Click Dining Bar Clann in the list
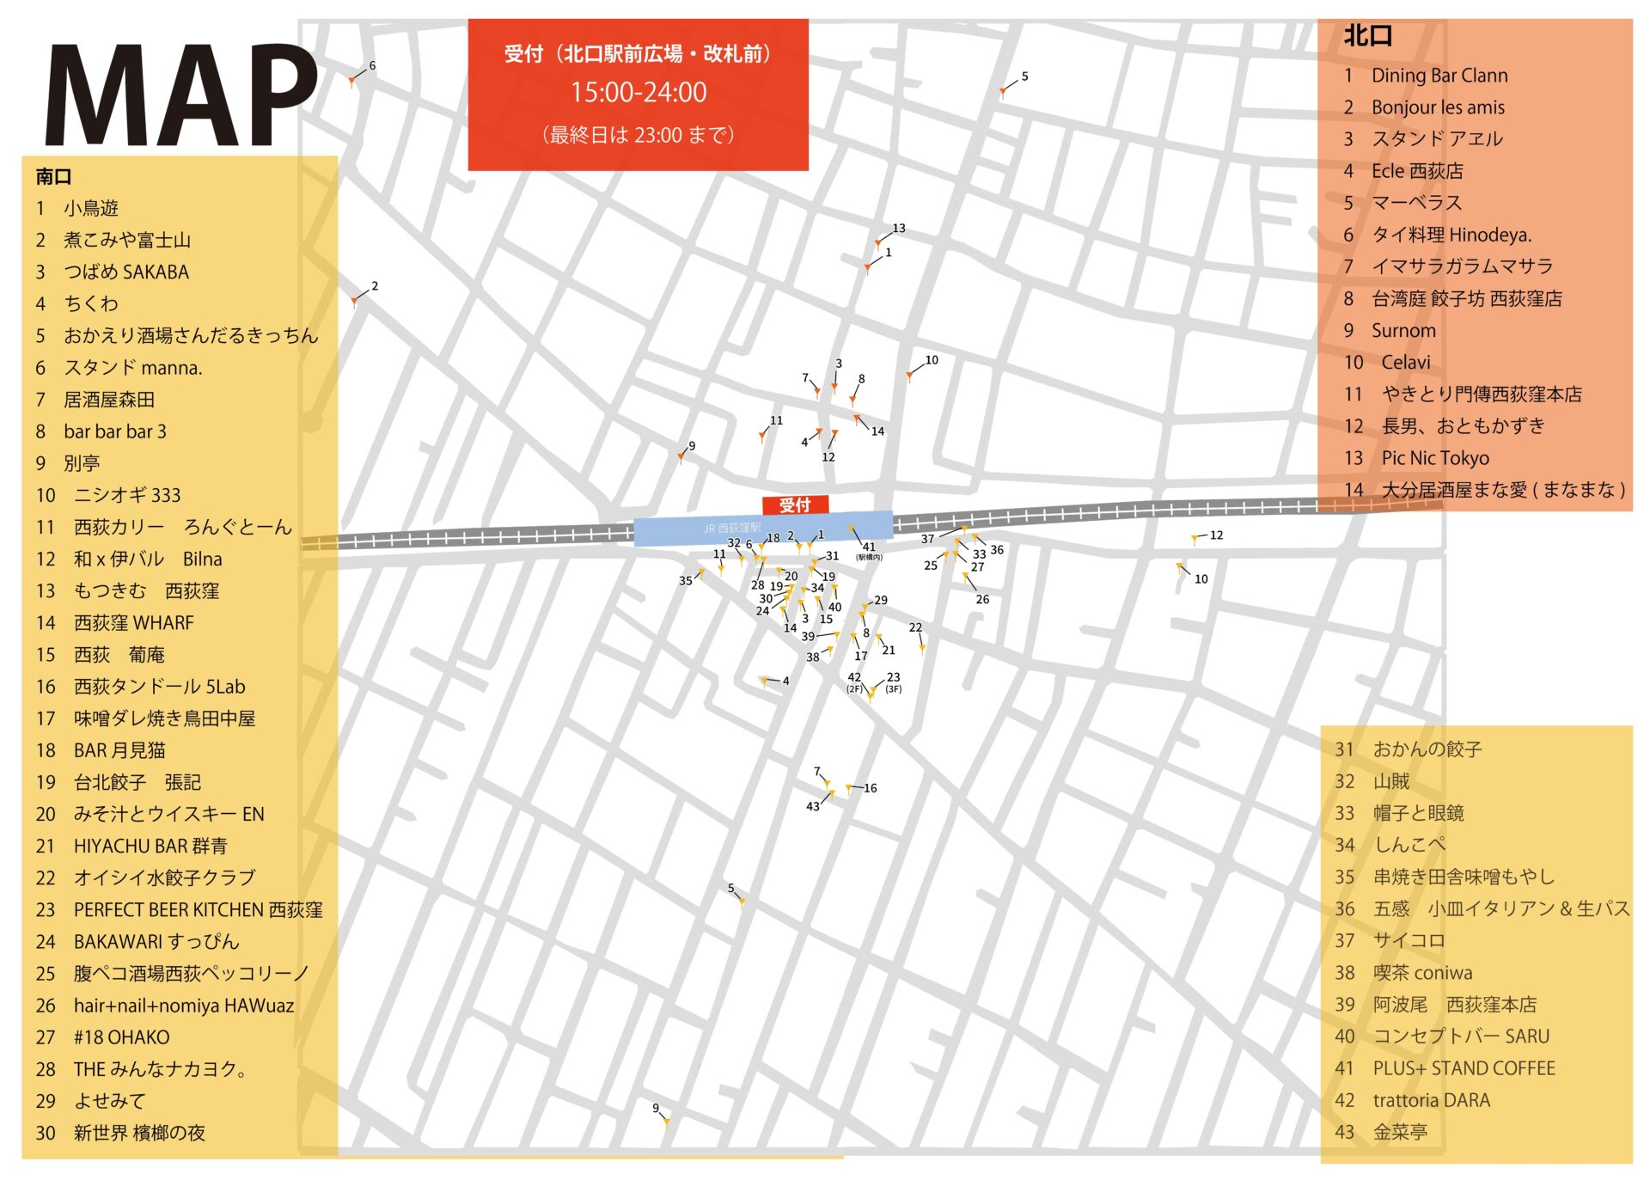click(1439, 76)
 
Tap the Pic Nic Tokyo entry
click(1434, 458)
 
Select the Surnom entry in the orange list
click(1402, 331)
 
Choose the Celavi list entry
click(1405, 363)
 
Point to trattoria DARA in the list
click(1431, 1101)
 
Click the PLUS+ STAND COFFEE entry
click(1464, 1069)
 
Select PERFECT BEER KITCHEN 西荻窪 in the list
click(198, 910)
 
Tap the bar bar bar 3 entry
click(115, 431)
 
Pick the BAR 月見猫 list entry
click(119, 750)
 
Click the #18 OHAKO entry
click(121, 1037)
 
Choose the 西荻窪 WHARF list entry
click(133, 623)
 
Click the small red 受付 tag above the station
click(795, 505)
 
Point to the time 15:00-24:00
click(639, 92)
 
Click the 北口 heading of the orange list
click(1367, 36)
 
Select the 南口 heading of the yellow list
click(53, 177)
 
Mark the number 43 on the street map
click(813, 806)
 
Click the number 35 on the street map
click(685, 581)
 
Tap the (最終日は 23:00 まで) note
click(638, 135)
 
